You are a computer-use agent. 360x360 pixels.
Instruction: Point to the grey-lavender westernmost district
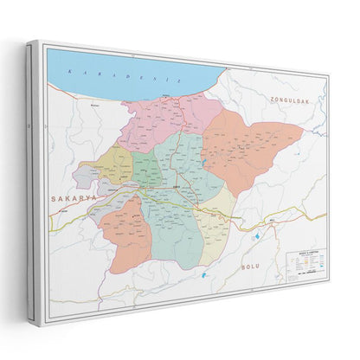pyautogui.click(x=87, y=177)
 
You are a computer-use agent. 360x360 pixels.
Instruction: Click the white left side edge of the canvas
pyautogui.click(x=34, y=182)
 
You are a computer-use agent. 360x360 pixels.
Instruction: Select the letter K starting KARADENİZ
pyautogui.click(x=79, y=70)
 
